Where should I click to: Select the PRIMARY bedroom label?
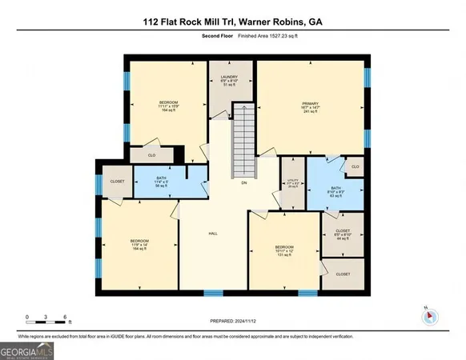[x=310, y=107]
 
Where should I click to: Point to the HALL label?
[x=214, y=233]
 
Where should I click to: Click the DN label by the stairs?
[x=245, y=182]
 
